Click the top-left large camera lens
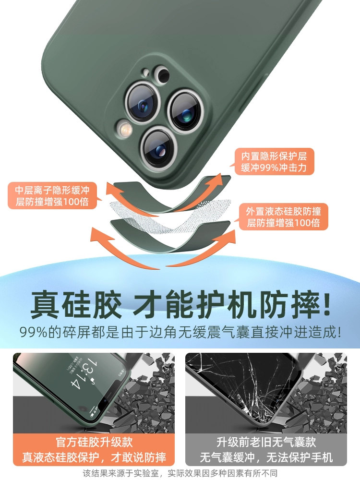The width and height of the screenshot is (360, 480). pyautogui.click(x=143, y=102)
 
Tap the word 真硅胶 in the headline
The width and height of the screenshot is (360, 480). pyautogui.click(x=76, y=305)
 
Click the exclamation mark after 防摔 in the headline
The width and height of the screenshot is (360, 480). pyautogui.click(x=326, y=304)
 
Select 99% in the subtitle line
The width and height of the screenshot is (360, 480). pyautogui.click(x=34, y=333)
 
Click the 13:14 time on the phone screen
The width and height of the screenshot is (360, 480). pyautogui.click(x=84, y=375)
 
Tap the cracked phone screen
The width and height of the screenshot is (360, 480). pyautogui.click(x=245, y=389)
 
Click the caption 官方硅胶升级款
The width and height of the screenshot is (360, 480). pyautogui.click(x=94, y=442)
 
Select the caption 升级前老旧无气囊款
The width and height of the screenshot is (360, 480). pyautogui.click(x=266, y=442)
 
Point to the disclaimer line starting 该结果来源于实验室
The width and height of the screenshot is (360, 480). pyautogui.click(x=180, y=473)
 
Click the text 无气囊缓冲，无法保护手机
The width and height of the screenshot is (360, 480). pyautogui.click(x=266, y=457)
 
